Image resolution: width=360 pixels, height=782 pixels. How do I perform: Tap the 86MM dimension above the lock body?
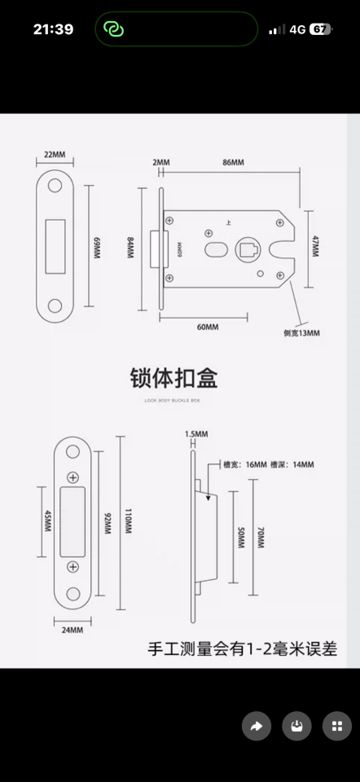pos(233,163)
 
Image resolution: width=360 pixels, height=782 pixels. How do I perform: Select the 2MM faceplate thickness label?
pos(161,163)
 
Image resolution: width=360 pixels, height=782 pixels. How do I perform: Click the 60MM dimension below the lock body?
pos(208,327)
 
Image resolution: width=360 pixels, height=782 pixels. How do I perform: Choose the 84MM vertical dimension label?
pos(130,247)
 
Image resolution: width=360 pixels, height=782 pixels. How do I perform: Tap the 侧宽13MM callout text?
pos(301,333)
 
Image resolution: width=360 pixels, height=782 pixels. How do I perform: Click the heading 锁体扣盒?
pos(174,378)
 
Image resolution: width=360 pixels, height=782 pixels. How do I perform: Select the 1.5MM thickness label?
pos(196,433)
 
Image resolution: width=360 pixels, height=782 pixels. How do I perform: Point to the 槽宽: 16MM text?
pos(244,464)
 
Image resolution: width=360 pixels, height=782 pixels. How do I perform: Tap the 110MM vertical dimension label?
pos(127,522)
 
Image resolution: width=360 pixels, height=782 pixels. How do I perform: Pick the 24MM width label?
pos(72,630)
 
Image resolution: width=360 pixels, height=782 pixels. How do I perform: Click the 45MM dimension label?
pos(46,521)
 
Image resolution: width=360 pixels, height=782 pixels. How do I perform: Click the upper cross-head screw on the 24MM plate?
pos(73,477)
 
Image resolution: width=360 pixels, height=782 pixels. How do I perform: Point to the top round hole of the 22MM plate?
pos(55,187)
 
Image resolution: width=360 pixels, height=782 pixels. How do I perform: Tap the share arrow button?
pos(257,726)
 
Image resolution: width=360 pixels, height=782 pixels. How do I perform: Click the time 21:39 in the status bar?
pos(53,29)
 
